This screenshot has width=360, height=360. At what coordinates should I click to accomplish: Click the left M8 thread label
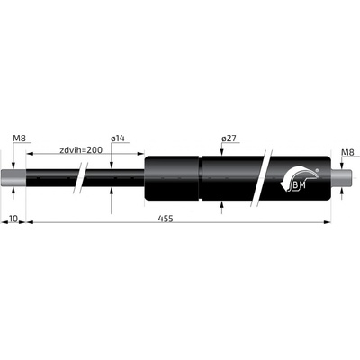click(20, 139)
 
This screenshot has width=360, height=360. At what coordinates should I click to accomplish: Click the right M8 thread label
click(348, 153)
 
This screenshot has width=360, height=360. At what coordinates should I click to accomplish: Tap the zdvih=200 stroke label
click(81, 149)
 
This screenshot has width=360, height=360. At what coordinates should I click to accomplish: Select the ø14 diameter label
click(118, 139)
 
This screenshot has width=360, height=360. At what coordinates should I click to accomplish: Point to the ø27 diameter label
click(229, 139)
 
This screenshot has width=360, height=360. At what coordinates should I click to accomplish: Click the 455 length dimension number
click(166, 219)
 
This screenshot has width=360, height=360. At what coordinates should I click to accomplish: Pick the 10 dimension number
click(13, 219)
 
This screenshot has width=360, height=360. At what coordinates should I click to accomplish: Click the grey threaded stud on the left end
click(13, 177)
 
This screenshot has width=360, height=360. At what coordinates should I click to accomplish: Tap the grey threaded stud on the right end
click(341, 177)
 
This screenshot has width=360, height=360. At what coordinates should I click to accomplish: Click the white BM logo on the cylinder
click(298, 180)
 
